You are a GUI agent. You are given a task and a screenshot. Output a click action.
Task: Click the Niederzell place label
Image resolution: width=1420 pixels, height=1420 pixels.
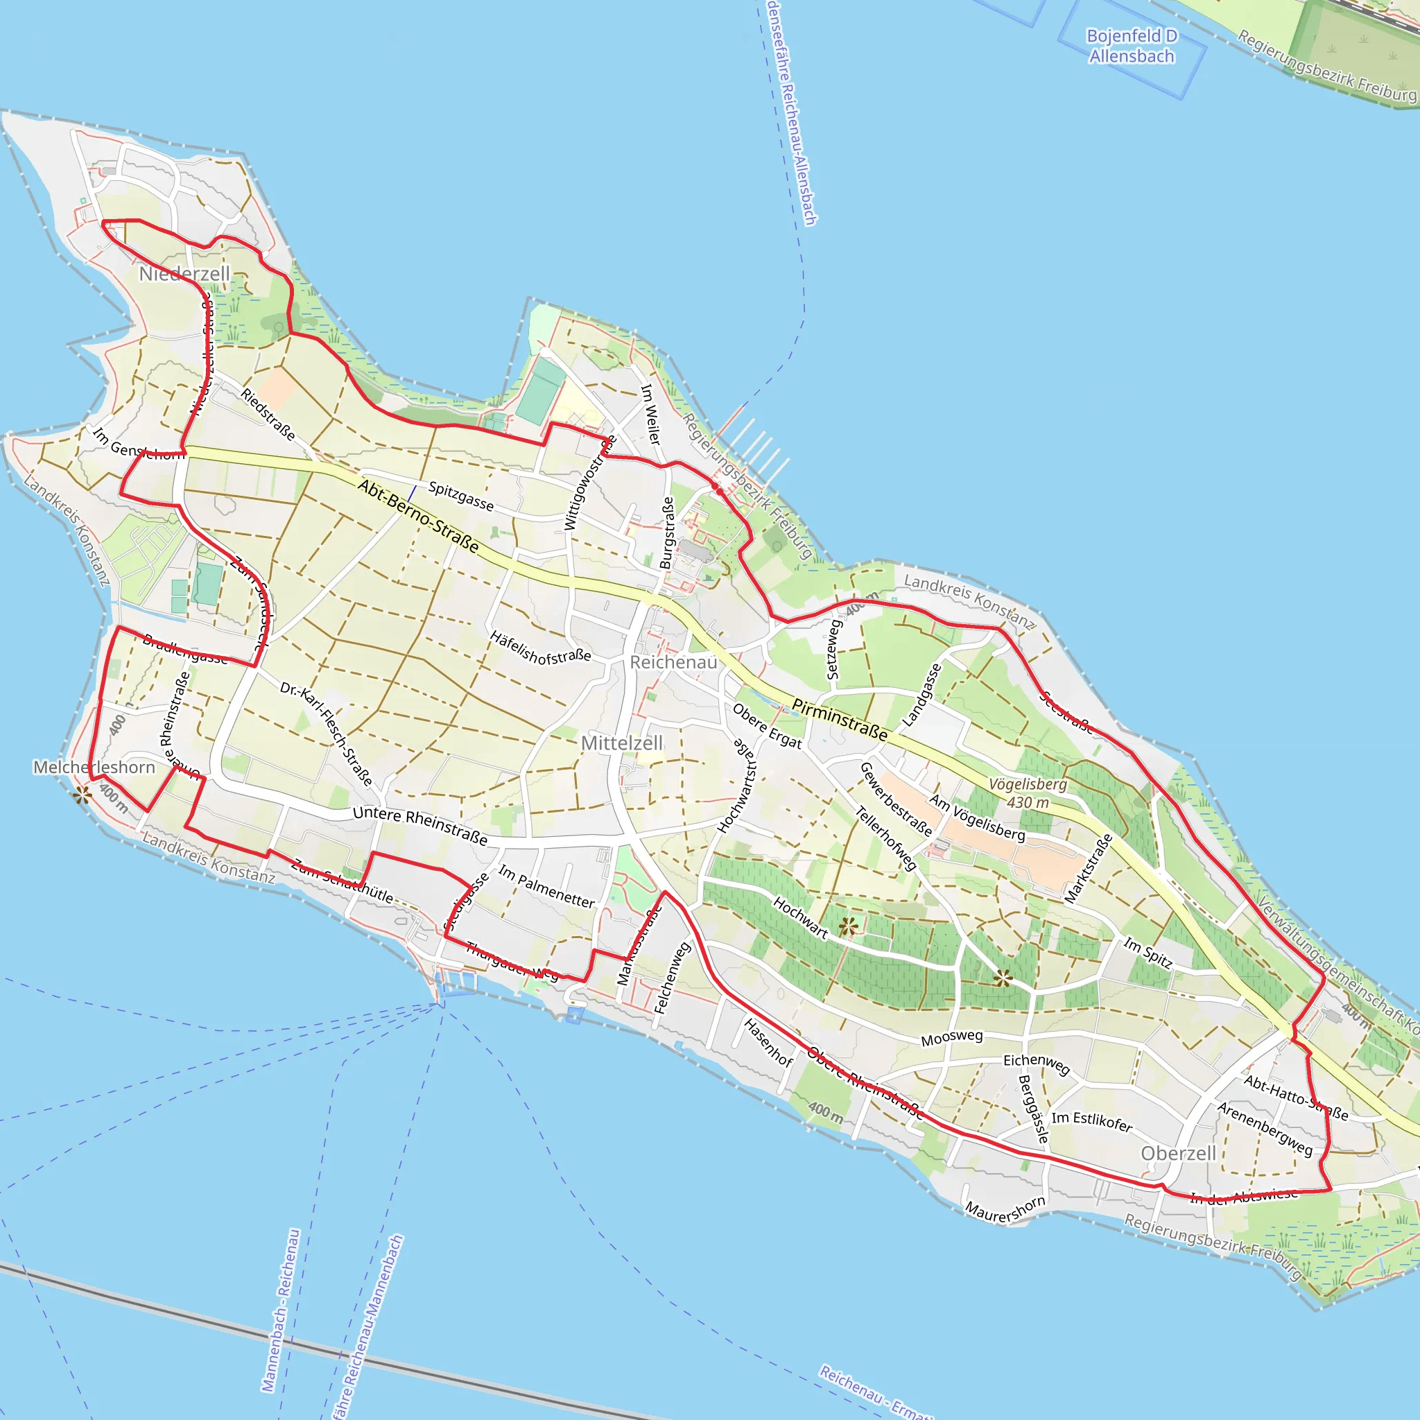[184, 274]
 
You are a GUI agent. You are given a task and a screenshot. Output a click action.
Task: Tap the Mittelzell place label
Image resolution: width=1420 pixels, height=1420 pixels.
[622, 743]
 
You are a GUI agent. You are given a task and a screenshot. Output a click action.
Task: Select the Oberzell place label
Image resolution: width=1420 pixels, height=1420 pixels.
[1178, 1153]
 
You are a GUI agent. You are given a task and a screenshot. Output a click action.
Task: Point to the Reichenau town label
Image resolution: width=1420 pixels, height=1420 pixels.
[673, 662]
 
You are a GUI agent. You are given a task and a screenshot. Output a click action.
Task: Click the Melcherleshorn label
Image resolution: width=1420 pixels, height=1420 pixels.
[94, 768]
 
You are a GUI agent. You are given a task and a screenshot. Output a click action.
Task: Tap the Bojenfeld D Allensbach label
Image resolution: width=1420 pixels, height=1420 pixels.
[1132, 46]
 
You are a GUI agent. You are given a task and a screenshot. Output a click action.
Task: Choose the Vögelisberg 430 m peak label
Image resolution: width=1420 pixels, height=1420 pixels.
[1028, 793]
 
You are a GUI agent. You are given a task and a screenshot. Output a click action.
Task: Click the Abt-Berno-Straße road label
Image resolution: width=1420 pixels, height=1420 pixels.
[418, 516]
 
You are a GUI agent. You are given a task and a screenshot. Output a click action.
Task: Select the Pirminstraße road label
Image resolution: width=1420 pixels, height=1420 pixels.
[840, 720]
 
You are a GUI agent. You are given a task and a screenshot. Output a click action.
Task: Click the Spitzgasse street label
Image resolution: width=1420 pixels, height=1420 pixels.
[461, 496]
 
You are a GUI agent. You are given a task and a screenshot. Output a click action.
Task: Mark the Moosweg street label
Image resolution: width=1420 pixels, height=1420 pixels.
[952, 1037]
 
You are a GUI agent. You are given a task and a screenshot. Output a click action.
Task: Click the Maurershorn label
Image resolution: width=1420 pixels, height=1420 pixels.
[1005, 1209]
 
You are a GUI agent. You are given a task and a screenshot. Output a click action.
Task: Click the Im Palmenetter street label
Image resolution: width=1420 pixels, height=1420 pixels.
[546, 886]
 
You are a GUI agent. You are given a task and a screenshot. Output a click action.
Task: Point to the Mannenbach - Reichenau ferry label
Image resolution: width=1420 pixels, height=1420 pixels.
[281, 1310]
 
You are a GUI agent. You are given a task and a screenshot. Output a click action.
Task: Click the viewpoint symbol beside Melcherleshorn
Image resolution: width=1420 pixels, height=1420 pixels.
[82, 794]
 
